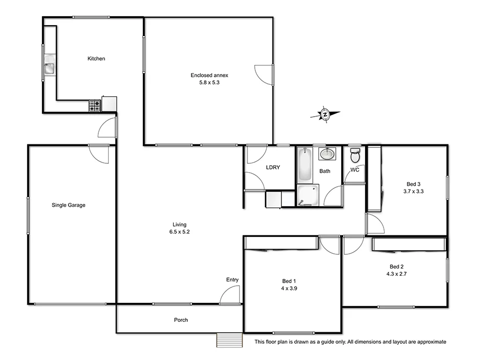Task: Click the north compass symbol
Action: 325,114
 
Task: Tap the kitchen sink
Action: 50,67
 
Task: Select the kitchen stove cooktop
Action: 94,106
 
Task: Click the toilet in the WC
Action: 355,155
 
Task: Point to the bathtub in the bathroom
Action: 304,164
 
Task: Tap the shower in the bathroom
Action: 307,196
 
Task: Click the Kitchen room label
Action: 96,59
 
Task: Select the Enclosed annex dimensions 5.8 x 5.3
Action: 209,83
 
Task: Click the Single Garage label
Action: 69,205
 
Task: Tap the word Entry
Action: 232,280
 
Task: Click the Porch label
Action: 181,320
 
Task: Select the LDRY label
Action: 273,167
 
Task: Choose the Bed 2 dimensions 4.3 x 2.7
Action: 397,273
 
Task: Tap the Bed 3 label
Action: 413,184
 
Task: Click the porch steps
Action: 229,340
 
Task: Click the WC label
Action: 355,170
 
